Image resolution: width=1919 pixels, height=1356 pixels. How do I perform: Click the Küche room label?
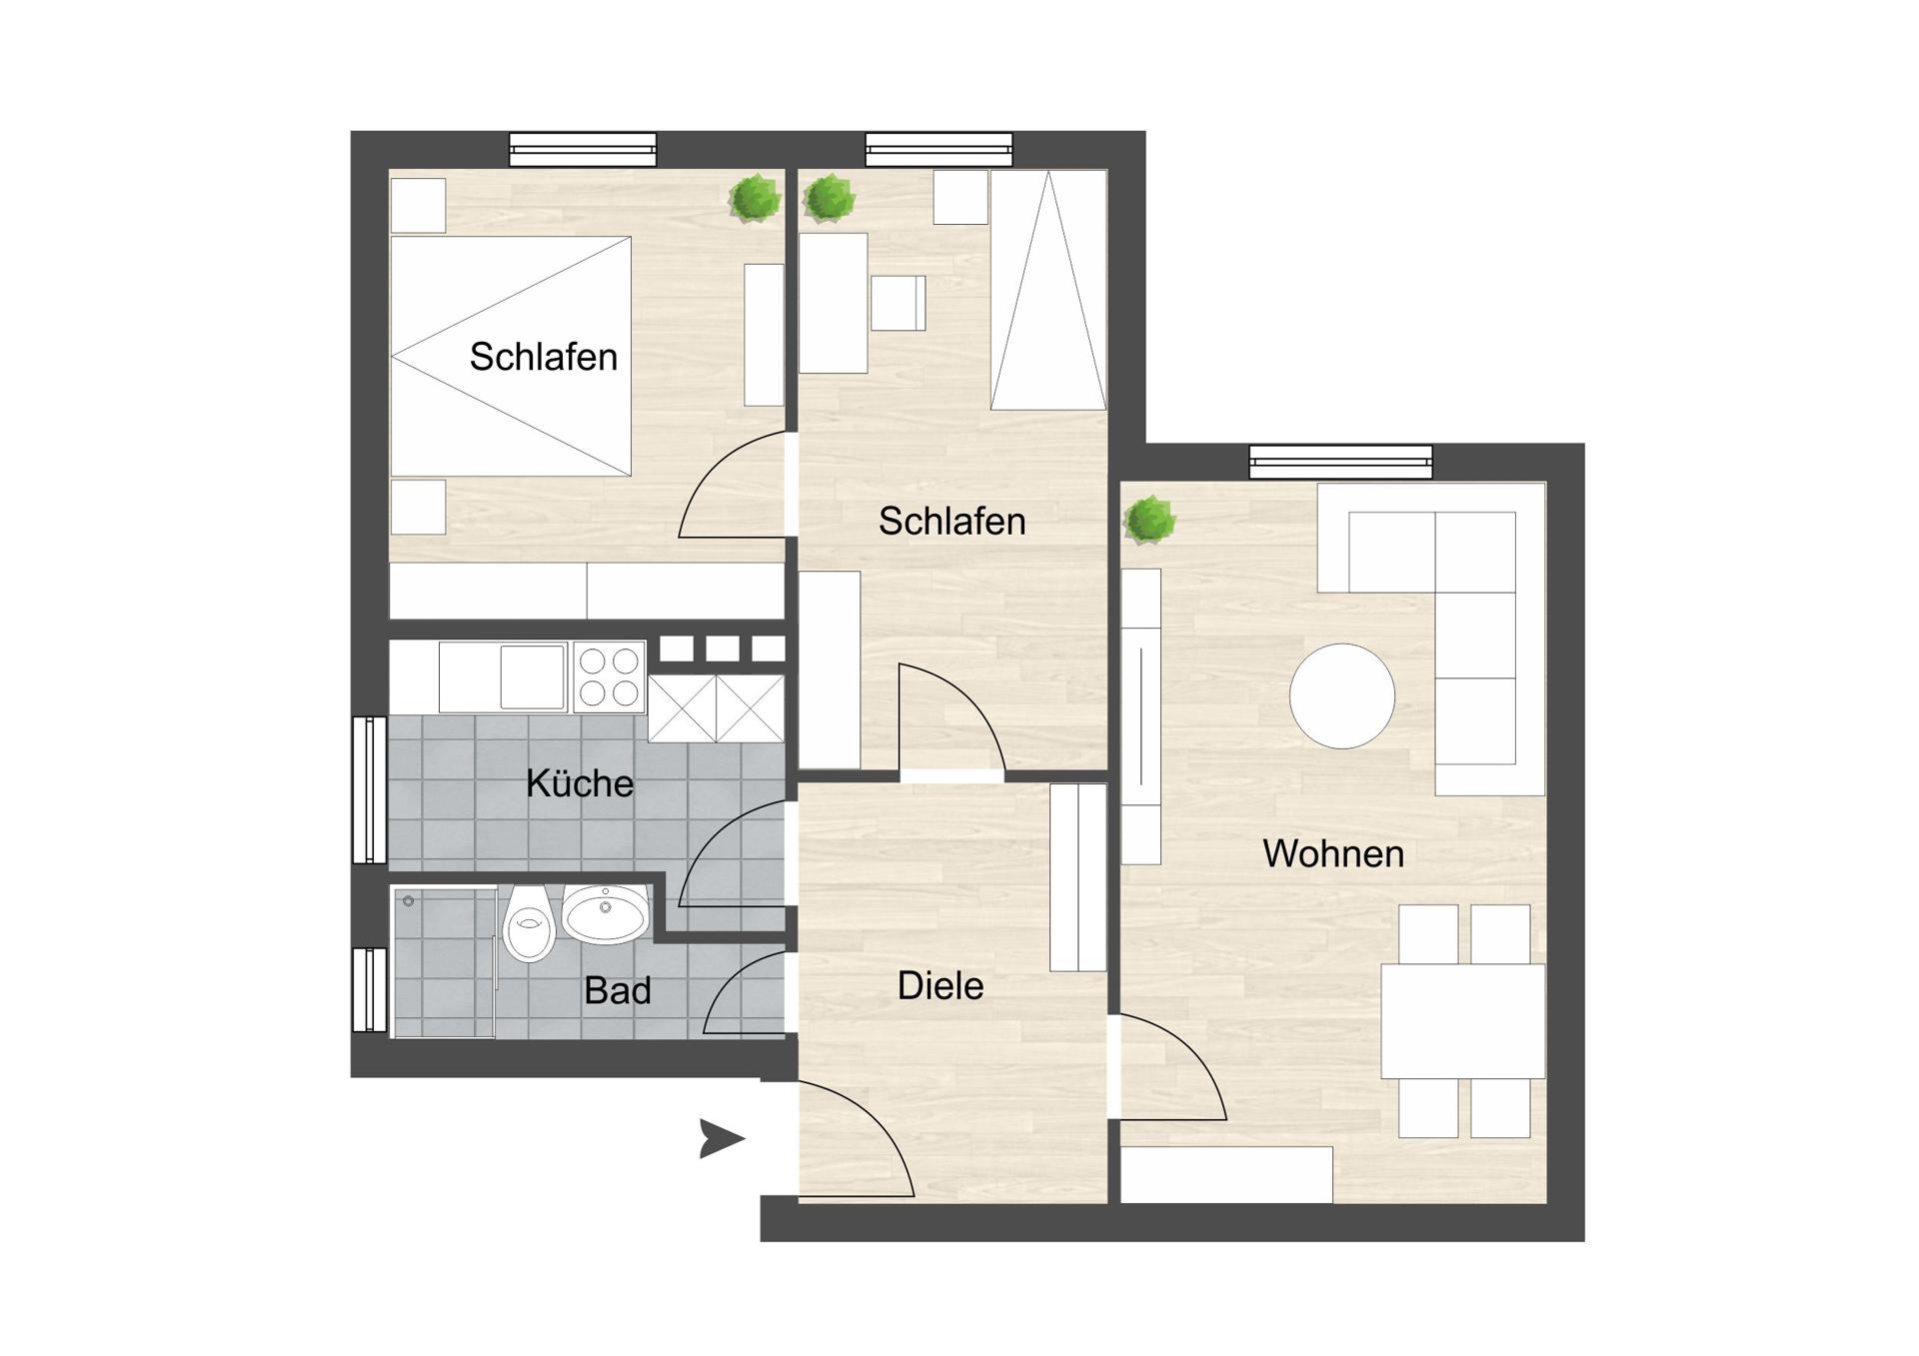click(x=580, y=783)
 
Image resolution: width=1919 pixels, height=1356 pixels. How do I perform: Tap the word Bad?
click(x=618, y=990)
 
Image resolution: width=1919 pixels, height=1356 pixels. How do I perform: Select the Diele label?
click(x=941, y=986)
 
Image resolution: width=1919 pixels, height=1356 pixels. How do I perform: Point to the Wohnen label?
click(x=1333, y=853)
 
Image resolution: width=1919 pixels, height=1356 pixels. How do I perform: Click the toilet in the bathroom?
click(x=529, y=923)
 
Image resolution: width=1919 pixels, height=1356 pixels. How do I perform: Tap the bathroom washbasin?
click(x=606, y=913)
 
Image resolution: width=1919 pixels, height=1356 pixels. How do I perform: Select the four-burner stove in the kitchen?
click(x=610, y=677)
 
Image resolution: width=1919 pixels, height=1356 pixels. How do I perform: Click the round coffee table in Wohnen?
click(x=1341, y=695)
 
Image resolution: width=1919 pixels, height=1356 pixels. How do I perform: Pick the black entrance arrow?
click(x=722, y=1139)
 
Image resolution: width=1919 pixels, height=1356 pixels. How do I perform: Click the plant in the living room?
click(x=1149, y=521)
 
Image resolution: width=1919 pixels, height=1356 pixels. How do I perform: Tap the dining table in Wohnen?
click(x=1463, y=1021)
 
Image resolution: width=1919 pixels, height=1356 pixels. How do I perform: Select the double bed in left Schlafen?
click(x=511, y=356)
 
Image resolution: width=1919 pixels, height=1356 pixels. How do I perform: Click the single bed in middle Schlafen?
click(x=1048, y=290)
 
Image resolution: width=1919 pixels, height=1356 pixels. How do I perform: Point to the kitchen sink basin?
click(x=533, y=677)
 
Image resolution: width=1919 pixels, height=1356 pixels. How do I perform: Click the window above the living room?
click(x=1340, y=462)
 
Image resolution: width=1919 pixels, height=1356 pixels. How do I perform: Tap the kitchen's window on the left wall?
click(x=370, y=789)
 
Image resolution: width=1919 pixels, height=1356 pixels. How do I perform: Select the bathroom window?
click(x=370, y=989)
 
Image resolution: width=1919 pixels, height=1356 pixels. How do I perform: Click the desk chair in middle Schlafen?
click(x=898, y=303)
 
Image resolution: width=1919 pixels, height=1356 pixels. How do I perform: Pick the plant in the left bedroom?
click(x=755, y=199)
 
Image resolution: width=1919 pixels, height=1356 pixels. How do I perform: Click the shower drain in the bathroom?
click(x=409, y=901)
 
